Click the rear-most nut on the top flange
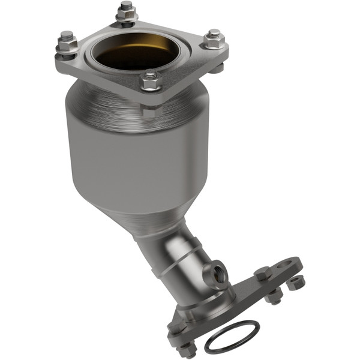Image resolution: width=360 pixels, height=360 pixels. [126, 11]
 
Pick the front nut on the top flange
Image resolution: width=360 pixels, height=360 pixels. [150, 80]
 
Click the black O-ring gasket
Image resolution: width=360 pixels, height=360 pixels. [232, 337]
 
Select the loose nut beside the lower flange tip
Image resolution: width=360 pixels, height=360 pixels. [296, 283]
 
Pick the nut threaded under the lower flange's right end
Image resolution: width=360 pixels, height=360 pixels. [274, 295]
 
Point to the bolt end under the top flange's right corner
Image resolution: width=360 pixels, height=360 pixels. [217, 67]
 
